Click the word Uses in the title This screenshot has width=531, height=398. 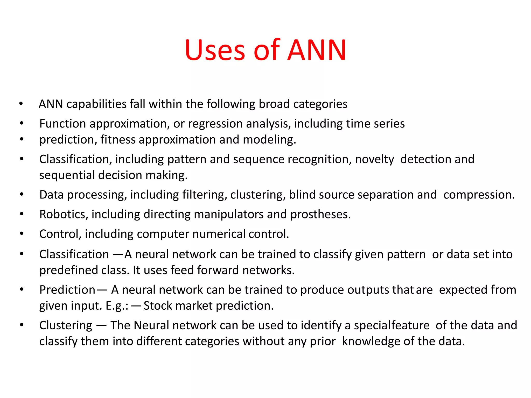click(215, 50)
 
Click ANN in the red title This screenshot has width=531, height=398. click(317, 50)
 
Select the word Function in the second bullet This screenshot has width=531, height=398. click(63, 124)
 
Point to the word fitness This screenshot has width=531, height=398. click(118, 140)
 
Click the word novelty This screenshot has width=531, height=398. click(374, 159)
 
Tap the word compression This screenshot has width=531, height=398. click(479, 195)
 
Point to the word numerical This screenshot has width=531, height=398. click(219, 234)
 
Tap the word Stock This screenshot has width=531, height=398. click(158, 306)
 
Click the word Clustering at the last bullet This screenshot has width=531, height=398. click(66, 325)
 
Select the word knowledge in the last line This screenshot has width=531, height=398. click(371, 342)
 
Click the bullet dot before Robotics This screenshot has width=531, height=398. click(22, 214)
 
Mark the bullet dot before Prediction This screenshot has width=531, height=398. click(22, 289)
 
